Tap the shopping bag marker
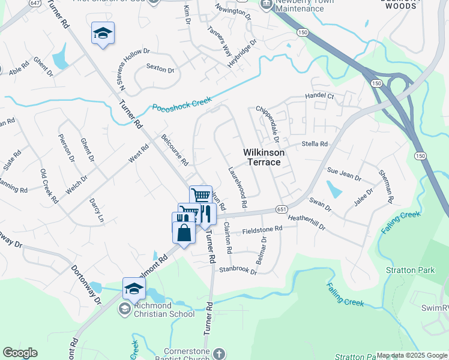tap(184, 233)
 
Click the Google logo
tap(20, 353)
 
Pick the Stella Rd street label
tap(315, 144)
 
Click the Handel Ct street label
tap(319, 96)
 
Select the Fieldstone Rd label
tap(262, 229)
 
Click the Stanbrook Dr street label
tap(238, 271)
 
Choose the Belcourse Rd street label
tap(175, 150)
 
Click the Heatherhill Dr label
tap(306, 223)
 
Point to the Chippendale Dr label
tap(268, 122)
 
